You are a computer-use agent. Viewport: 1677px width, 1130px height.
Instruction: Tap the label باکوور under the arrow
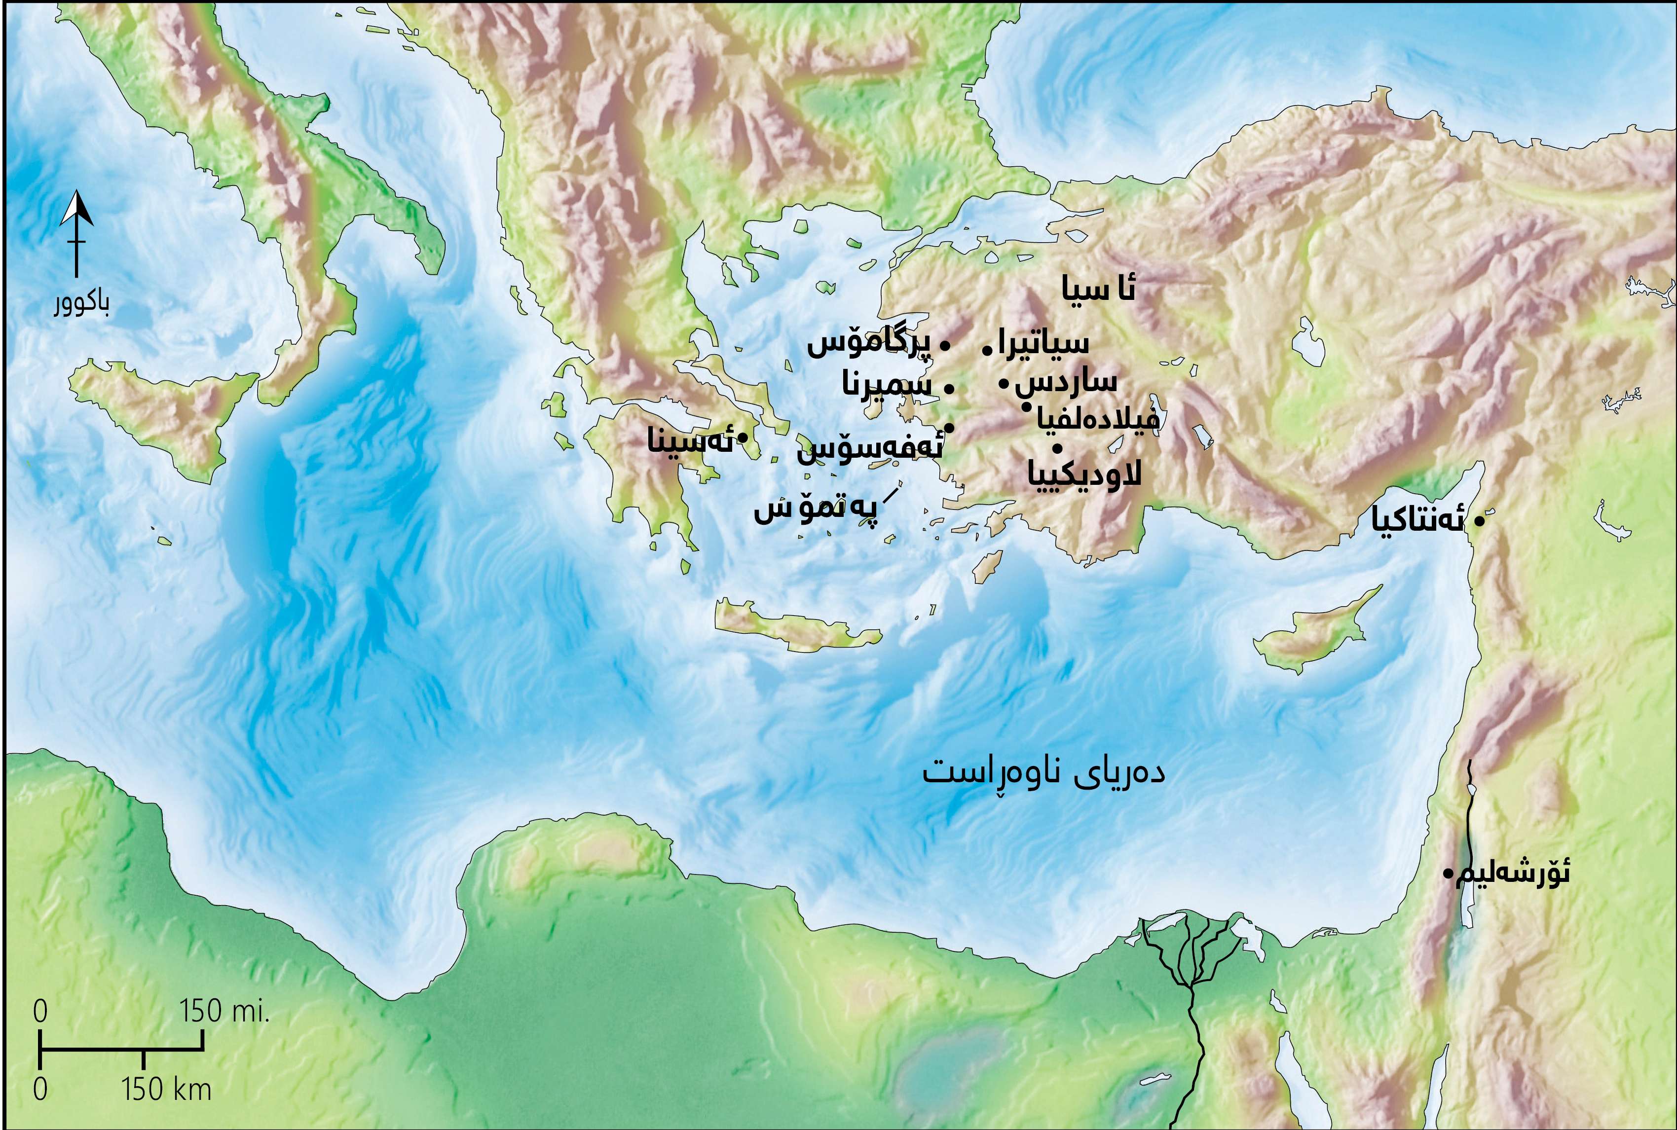(81, 305)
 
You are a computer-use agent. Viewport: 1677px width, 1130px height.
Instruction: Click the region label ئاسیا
(1098, 289)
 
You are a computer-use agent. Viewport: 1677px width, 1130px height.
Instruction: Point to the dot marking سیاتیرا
(987, 351)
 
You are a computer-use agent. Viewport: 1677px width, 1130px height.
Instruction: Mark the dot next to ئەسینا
(742, 437)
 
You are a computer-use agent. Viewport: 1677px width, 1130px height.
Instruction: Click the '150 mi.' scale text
(224, 1012)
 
